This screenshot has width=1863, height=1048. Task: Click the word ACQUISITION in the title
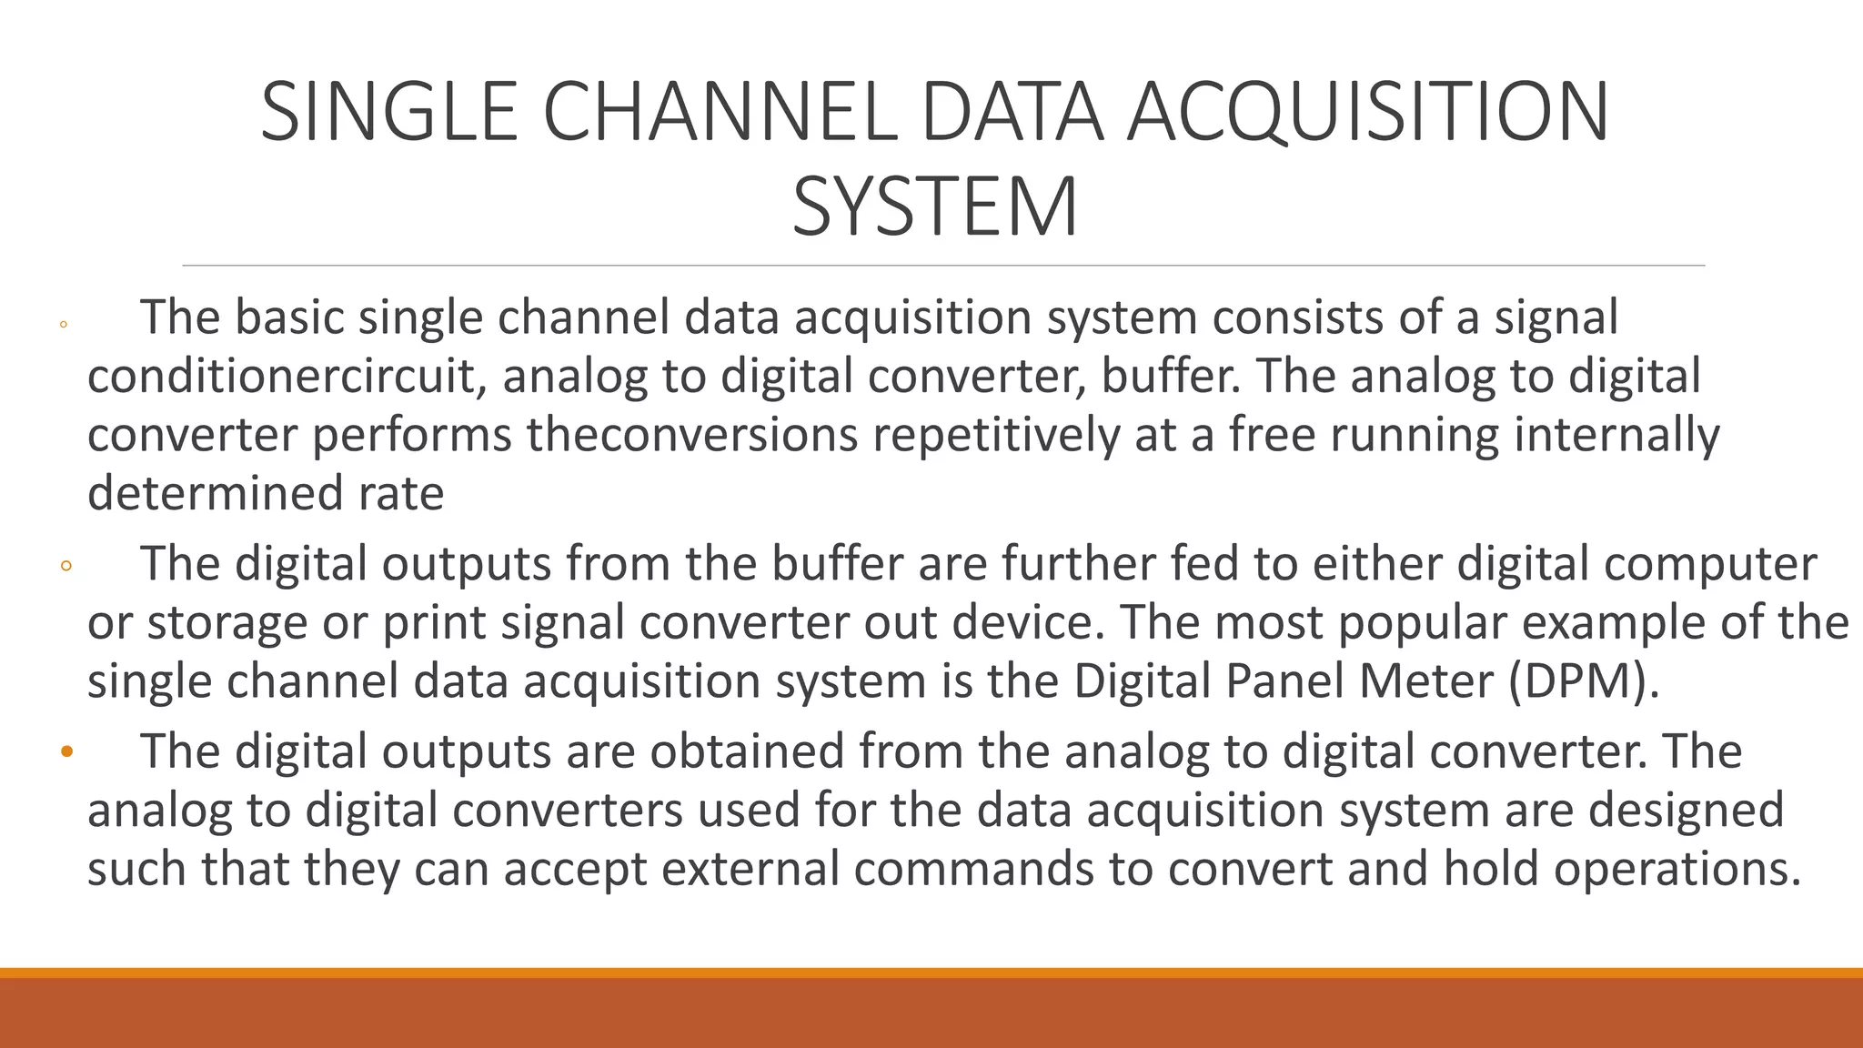coord(1367,112)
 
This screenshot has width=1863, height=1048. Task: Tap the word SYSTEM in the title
coord(934,207)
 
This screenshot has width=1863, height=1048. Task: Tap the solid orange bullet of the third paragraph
coord(65,752)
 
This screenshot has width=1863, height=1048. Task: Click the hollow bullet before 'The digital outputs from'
coord(65,566)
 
